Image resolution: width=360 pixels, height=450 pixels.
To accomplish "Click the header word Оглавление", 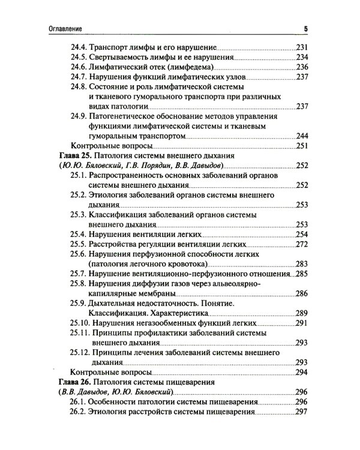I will point(66,28).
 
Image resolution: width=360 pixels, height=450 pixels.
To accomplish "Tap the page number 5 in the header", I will point(305,28).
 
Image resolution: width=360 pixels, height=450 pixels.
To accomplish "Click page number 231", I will point(301,47).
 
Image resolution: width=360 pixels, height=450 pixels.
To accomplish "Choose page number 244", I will point(301,136).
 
